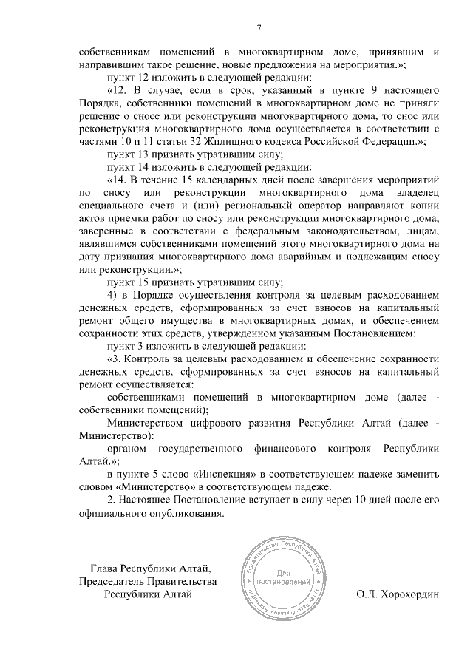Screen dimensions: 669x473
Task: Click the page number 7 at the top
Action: pyautogui.click(x=259, y=29)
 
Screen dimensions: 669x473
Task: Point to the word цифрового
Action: pyautogui.click(x=217, y=424)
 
